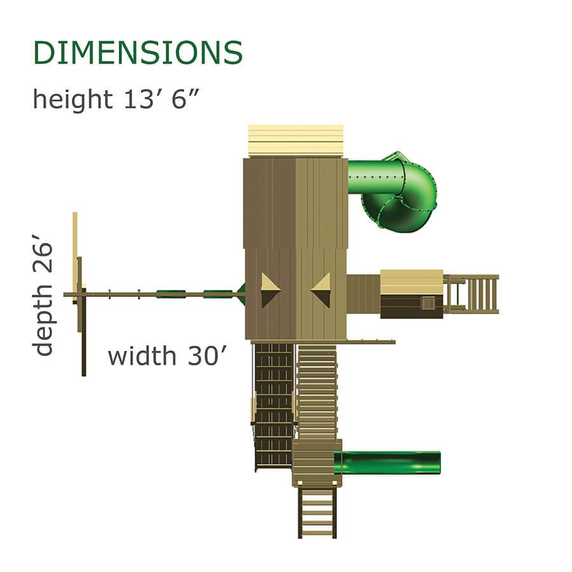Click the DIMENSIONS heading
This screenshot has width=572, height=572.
tap(138, 53)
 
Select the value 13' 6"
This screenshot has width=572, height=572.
tap(161, 99)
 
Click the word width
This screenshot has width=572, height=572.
tap(142, 356)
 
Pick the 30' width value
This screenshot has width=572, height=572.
tap(207, 356)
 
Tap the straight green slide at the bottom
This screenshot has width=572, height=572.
tap(387, 463)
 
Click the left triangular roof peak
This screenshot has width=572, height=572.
tap(270, 290)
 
